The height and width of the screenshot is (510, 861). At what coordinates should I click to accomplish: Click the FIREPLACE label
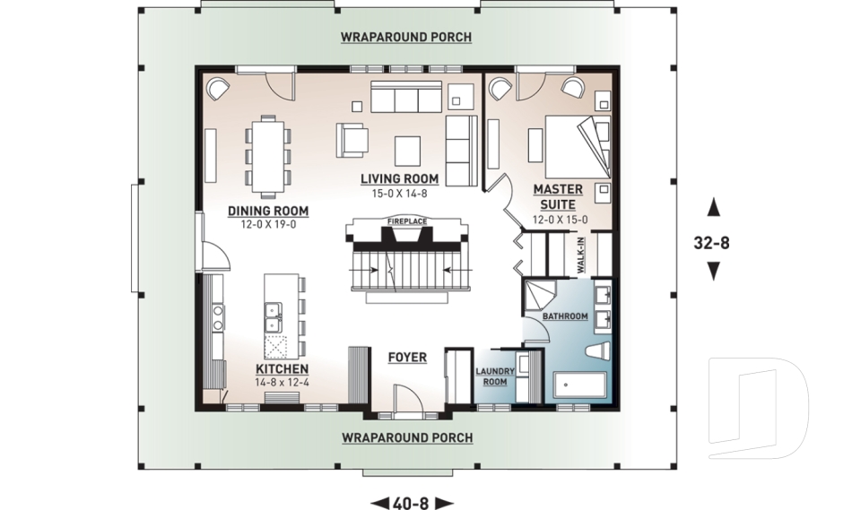coord(407,221)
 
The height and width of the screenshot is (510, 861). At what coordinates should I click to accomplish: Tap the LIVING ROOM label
coord(400,178)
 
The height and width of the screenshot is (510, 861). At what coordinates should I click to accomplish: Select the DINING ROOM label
coord(268,211)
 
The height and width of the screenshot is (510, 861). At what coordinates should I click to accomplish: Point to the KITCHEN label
coord(283,369)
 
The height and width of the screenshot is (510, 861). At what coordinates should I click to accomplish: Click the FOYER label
coord(407,358)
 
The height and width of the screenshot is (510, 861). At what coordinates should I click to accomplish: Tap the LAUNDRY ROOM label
coord(495,376)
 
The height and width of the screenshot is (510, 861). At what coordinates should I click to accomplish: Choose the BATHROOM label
coord(565,316)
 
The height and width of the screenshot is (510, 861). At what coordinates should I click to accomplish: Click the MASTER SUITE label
coord(558,197)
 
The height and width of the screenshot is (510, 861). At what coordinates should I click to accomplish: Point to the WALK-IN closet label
coord(580,255)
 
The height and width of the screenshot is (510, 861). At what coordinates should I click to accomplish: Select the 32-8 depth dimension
coord(712,242)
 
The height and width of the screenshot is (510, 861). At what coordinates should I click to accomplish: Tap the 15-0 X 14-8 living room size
coord(399,194)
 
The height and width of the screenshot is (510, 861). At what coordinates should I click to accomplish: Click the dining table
coord(268,156)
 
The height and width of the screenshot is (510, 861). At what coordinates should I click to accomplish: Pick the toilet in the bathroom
coord(597,351)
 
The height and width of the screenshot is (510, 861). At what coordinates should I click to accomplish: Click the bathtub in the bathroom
coord(580,386)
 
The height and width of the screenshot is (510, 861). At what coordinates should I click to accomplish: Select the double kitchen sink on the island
coord(274,317)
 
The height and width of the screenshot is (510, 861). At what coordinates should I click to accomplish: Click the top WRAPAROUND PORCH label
coord(406,38)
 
